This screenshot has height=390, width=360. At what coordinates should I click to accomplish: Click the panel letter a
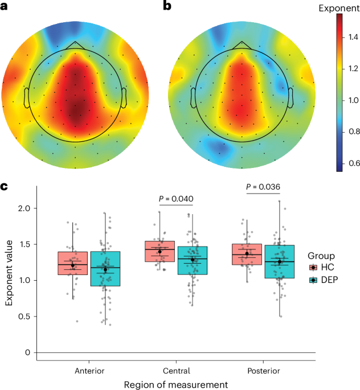[4, 6]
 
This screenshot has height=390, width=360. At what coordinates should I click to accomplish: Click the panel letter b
[167, 5]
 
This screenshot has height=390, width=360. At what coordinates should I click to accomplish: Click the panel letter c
[4, 186]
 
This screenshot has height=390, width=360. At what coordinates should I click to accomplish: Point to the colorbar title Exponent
[339, 8]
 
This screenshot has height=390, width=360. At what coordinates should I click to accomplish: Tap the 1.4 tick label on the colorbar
[353, 38]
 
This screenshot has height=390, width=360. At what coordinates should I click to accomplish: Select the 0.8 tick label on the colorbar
[354, 132]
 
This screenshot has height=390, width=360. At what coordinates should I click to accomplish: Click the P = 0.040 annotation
[176, 199]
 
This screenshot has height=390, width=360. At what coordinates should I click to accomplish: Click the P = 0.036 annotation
[263, 187]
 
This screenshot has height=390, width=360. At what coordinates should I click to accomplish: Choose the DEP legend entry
[324, 280]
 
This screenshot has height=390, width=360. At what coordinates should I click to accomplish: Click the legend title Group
[321, 256]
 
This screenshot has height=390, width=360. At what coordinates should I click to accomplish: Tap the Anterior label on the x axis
[89, 371]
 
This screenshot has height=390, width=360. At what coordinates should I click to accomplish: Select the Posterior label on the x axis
[264, 371]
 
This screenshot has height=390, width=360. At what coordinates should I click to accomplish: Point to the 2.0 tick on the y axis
[24, 208]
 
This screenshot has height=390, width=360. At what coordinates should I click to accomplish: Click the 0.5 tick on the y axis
[24, 317]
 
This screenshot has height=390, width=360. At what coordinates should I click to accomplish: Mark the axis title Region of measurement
[176, 384]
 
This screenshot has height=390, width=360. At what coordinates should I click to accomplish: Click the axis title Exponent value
[9, 273]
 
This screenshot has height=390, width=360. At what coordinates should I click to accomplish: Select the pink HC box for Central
[159, 251]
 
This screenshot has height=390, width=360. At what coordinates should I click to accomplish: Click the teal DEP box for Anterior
[105, 269]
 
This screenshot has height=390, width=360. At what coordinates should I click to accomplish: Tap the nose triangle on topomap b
[242, 46]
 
